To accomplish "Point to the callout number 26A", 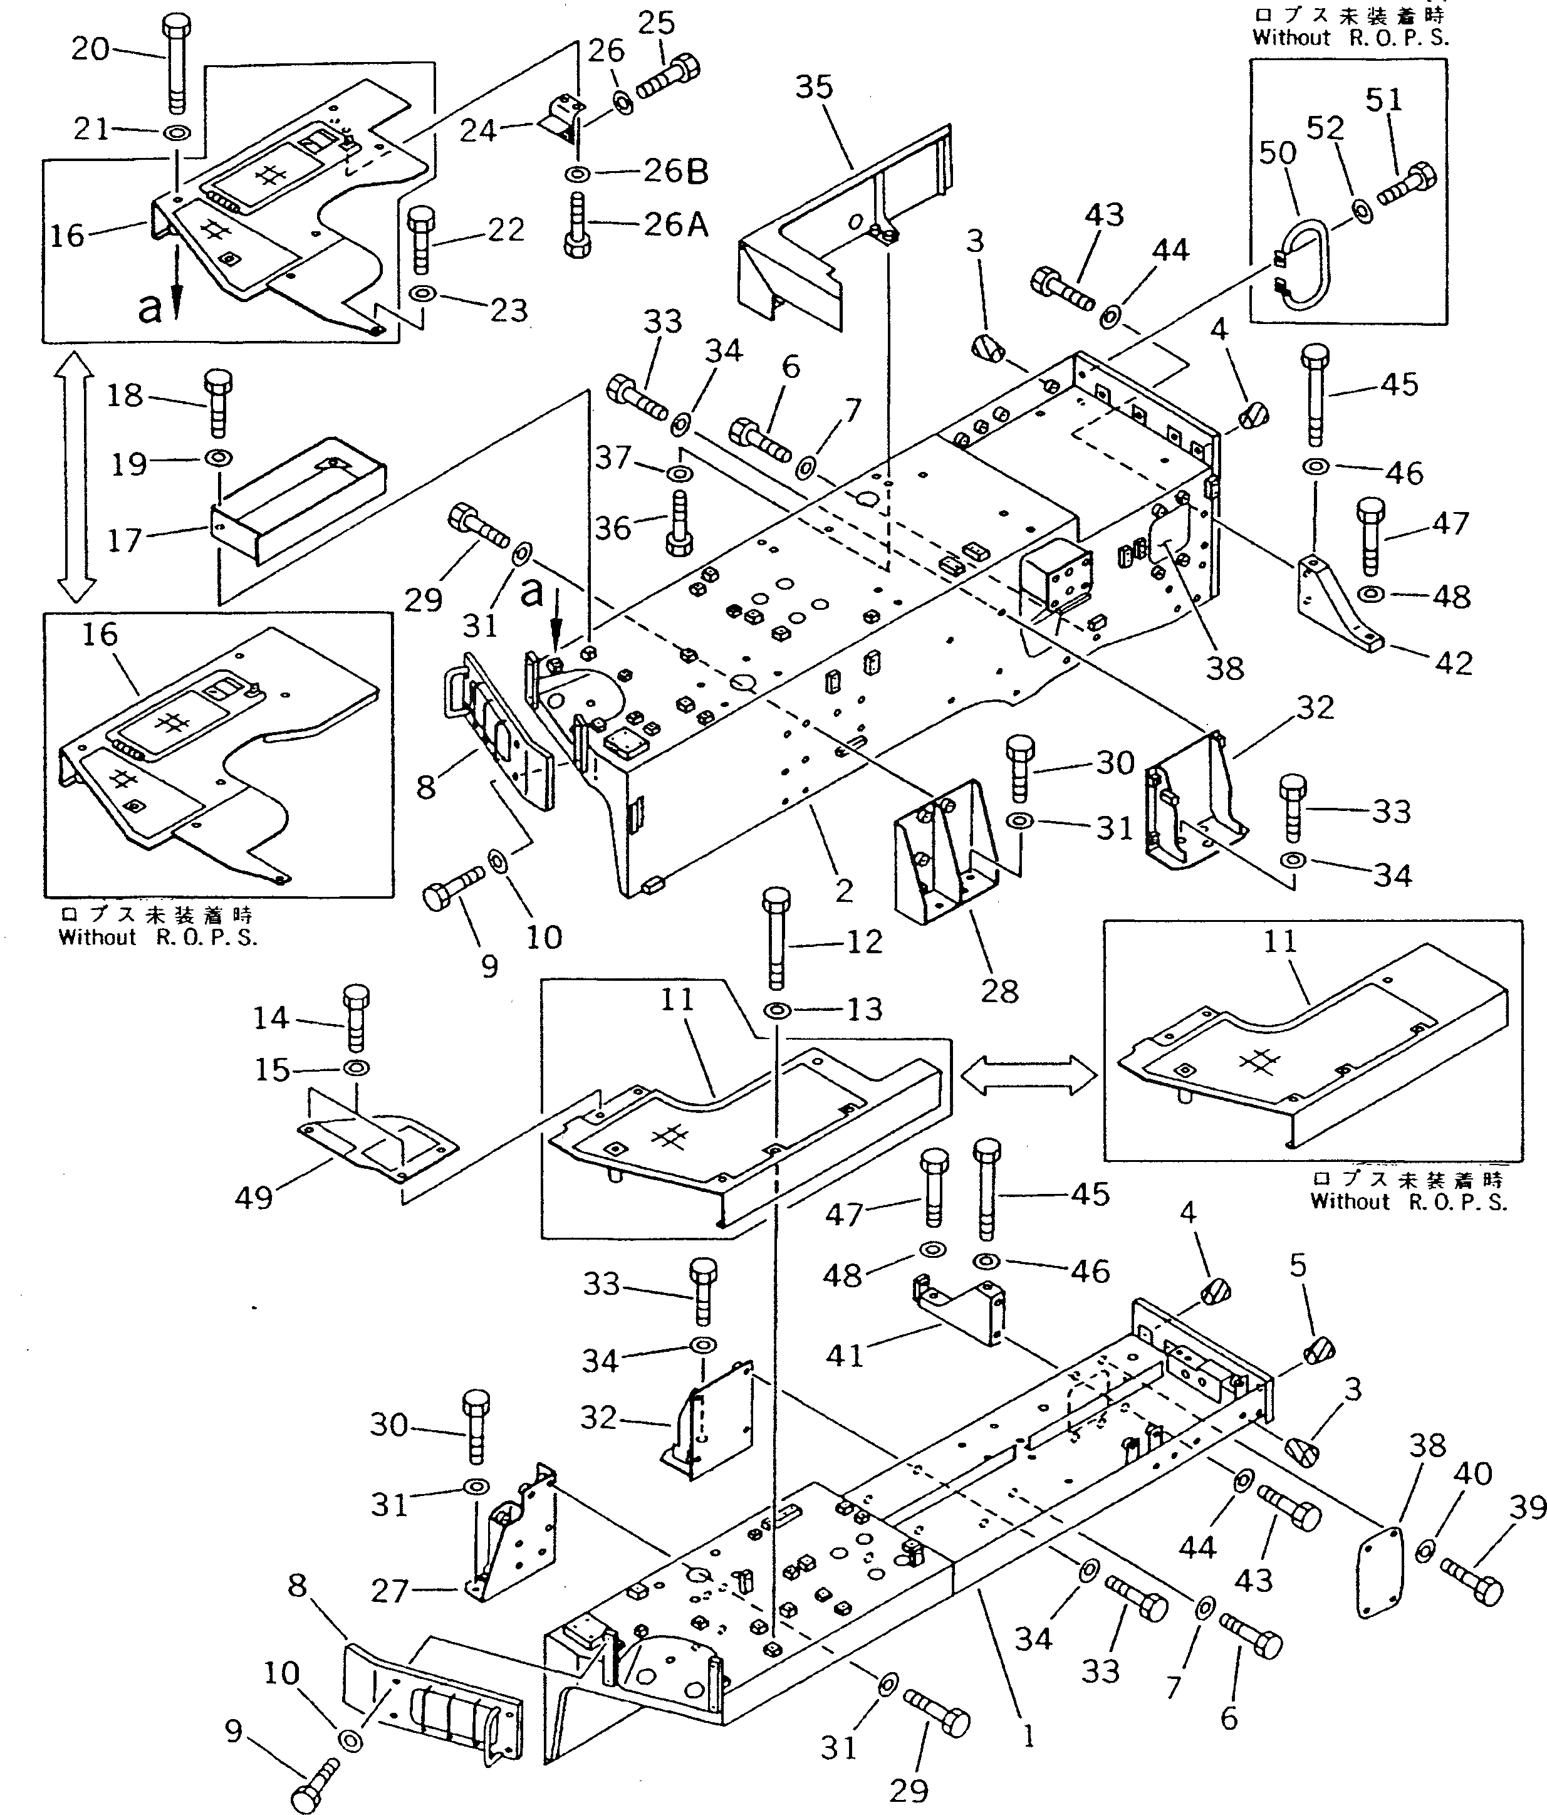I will coord(675,225).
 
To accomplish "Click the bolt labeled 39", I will coord(1474,1583).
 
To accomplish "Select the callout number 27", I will coord(389,1590).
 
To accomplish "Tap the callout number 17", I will coord(125,540).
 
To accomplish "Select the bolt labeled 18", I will coord(218,402).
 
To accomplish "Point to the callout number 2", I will coord(843,891).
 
